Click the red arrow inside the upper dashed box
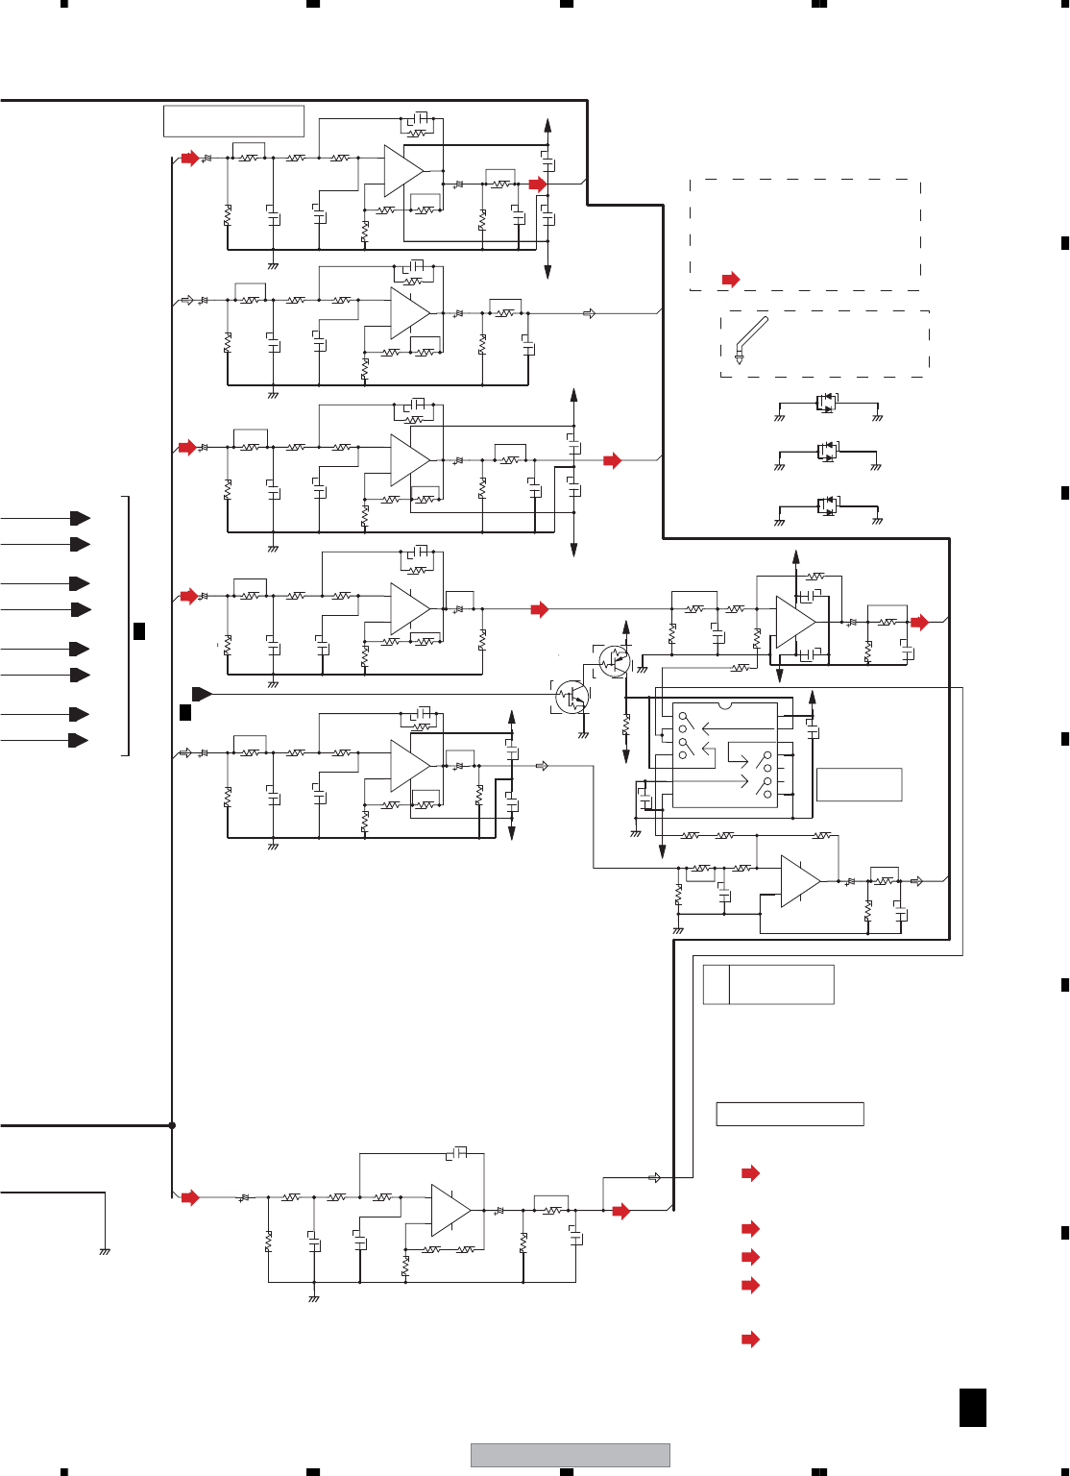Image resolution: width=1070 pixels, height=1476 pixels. tap(731, 280)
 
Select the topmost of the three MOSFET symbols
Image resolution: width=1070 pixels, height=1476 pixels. tap(827, 403)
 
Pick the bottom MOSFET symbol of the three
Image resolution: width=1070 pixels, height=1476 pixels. tap(827, 505)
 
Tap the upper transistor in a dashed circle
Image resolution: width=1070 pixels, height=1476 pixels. tap(614, 660)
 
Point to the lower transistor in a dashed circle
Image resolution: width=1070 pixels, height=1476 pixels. tap(572, 697)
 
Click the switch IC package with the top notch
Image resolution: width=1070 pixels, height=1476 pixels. tap(724, 754)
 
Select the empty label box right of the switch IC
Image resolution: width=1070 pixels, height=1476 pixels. tap(859, 784)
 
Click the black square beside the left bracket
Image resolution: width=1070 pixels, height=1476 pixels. tap(139, 630)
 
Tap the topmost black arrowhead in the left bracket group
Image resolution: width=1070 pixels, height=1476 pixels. tap(81, 519)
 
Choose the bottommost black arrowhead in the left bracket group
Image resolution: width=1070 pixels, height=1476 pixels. tap(79, 740)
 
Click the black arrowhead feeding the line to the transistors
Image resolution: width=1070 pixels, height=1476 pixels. tap(202, 694)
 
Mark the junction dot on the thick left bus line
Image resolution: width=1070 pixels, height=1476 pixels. tap(172, 1125)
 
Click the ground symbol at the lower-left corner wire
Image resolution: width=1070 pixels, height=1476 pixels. tap(105, 1251)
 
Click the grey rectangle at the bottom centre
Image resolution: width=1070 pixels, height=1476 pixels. tap(570, 1455)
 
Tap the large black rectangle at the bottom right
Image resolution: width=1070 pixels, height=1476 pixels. tap(972, 1407)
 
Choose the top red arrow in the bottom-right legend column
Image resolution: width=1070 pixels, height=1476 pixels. tap(750, 1173)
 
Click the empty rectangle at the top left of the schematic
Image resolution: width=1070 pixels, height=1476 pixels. tap(233, 121)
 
